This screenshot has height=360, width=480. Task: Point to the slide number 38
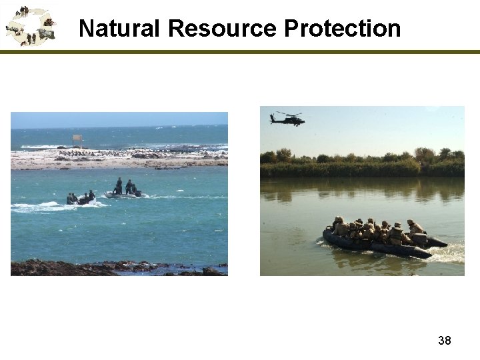tap(444, 341)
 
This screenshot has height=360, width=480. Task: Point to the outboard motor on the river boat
tap(420, 239)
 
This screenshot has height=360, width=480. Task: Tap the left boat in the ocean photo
tap(80, 199)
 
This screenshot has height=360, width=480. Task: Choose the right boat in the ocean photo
tap(125, 194)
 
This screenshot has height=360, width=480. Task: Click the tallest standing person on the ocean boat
tap(119, 185)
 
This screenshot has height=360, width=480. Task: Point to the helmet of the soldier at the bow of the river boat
tap(339, 219)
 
